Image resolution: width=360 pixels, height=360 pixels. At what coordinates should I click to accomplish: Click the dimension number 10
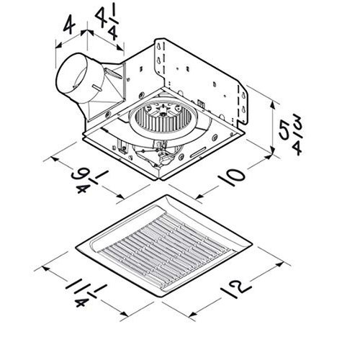click(x=232, y=177)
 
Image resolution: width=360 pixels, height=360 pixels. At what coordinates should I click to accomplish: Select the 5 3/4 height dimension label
click(x=291, y=135)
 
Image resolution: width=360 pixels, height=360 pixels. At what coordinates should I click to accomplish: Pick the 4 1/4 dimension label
click(x=107, y=24)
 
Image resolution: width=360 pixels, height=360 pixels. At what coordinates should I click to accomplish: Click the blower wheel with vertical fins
click(x=163, y=117)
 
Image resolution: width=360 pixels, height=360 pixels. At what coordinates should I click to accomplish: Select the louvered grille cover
click(x=164, y=246)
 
